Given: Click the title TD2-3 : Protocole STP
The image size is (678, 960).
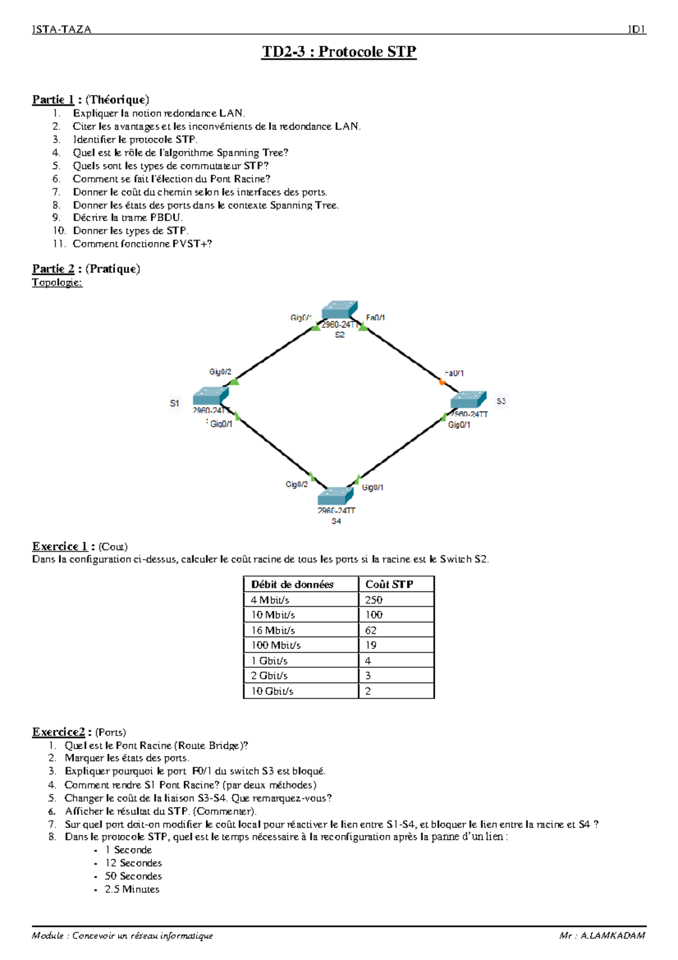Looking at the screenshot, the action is tap(339, 51).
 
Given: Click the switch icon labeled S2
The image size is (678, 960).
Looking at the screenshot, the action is tap(340, 310).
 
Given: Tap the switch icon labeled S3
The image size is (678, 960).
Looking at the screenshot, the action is tap(468, 400).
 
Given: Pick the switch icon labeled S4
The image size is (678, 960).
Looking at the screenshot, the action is tap(336, 496).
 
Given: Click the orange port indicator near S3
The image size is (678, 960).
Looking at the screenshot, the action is tap(442, 382).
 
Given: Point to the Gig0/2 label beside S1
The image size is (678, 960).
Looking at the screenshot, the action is tap(220, 372).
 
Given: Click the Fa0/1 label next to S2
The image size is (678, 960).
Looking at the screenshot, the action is tap(376, 318).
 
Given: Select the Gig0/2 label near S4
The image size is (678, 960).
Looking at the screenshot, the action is tap(297, 485).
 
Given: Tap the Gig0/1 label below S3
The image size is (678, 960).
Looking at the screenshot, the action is tap(459, 425).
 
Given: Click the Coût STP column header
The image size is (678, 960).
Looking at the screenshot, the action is tap(389, 584).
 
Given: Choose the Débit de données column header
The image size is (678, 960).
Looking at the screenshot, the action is tap(292, 584).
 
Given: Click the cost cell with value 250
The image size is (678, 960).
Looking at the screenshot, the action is tap(373, 600).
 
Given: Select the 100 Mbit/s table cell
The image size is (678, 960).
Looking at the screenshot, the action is tap(276, 645).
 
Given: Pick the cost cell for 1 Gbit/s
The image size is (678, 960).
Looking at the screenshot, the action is tap(368, 660).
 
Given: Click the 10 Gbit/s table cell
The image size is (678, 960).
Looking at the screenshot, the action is tap(272, 691).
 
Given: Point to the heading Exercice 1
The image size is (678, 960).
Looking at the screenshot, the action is tap(60, 546).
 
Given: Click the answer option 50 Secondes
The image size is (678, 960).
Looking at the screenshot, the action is tap(133, 876).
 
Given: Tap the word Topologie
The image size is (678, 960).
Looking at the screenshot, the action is tap(57, 282).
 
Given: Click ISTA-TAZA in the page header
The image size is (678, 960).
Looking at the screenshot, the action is tap(62, 29).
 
